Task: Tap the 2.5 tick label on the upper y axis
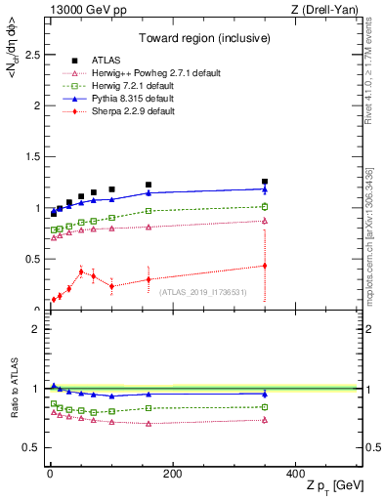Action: pos(33,56)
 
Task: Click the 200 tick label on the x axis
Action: pos(172,475)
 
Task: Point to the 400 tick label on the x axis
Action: pos(295,475)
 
